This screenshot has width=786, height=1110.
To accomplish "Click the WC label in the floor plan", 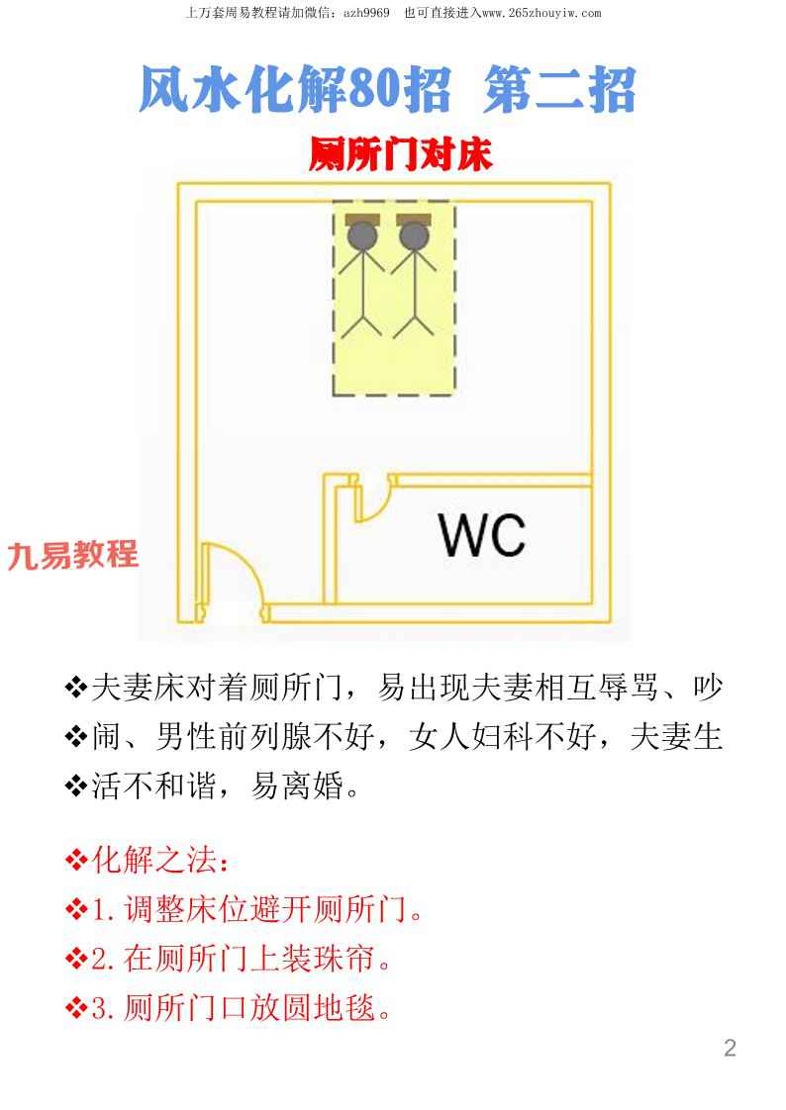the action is pos(481,534).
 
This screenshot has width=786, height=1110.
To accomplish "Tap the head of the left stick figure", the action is pos(362,235).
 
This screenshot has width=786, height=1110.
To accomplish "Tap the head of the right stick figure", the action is pos(414,235).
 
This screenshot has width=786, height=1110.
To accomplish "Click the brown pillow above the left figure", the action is pos(362,219).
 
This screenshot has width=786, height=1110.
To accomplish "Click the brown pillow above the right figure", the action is pos(414,219).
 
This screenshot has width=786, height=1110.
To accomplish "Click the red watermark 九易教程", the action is pos(72,555).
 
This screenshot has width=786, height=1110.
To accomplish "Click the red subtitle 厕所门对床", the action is pos(400,154).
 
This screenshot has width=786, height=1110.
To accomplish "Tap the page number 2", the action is pos(730,1048).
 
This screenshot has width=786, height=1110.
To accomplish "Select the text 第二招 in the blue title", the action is pos(559,89).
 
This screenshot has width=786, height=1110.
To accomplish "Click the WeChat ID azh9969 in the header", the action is pos(366,13).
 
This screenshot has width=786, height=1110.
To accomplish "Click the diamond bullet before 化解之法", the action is pos(76,861).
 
